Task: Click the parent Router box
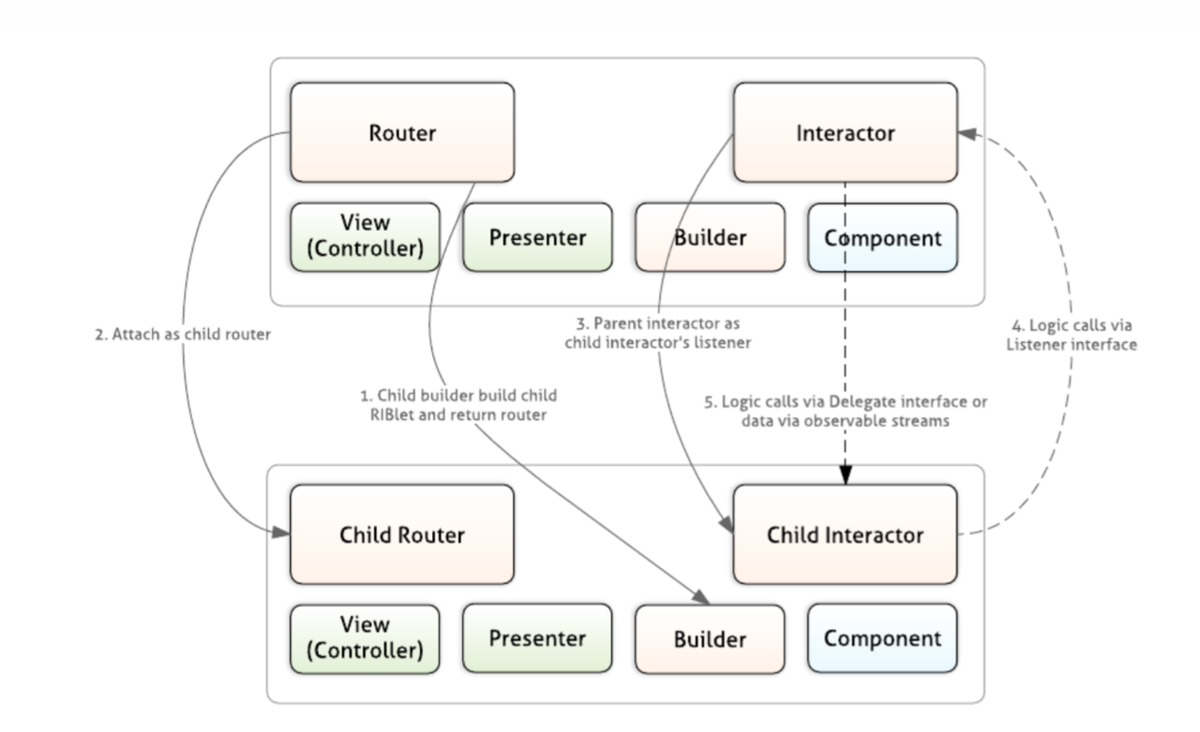pos(402,132)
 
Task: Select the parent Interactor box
pos(846,132)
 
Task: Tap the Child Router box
pos(402,534)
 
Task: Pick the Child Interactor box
pos(846,534)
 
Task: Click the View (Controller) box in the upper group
pos(366,237)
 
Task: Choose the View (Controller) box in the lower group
pos(366,639)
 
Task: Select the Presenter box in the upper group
pos(538,237)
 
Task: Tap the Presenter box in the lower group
pos(538,638)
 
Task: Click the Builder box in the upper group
pos(711,237)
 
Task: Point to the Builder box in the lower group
pos(711,639)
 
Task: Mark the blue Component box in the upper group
pos(883,238)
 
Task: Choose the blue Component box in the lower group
pos(883,638)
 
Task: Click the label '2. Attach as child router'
pos(183,335)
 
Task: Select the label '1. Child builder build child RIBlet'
pos(458,405)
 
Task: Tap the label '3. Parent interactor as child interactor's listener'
pos(658,333)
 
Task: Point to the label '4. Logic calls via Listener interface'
pos(1072,335)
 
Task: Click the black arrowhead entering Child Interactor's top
pos(846,475)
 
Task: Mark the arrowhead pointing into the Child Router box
pos(280,532)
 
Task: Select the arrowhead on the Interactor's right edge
pos(967,133)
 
